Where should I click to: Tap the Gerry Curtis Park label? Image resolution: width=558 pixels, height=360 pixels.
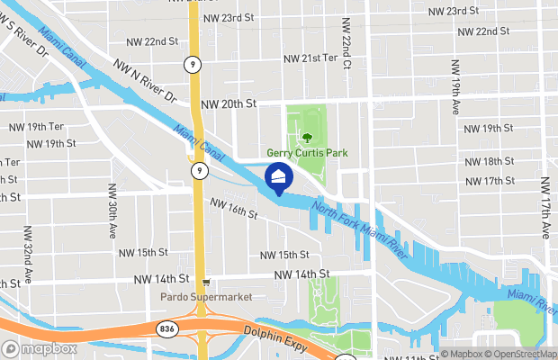[306, 154]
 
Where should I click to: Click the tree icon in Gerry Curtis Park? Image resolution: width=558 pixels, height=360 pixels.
[307, 137]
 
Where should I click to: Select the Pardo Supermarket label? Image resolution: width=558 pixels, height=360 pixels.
[206, 296]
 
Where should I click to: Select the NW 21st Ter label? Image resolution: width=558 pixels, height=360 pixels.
[310, 58]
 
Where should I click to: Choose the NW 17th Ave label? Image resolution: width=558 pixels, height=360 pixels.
[545, 207]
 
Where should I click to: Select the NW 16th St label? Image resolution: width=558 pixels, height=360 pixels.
[234, 211]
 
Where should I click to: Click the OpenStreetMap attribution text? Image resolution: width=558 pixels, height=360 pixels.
[517, 354]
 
